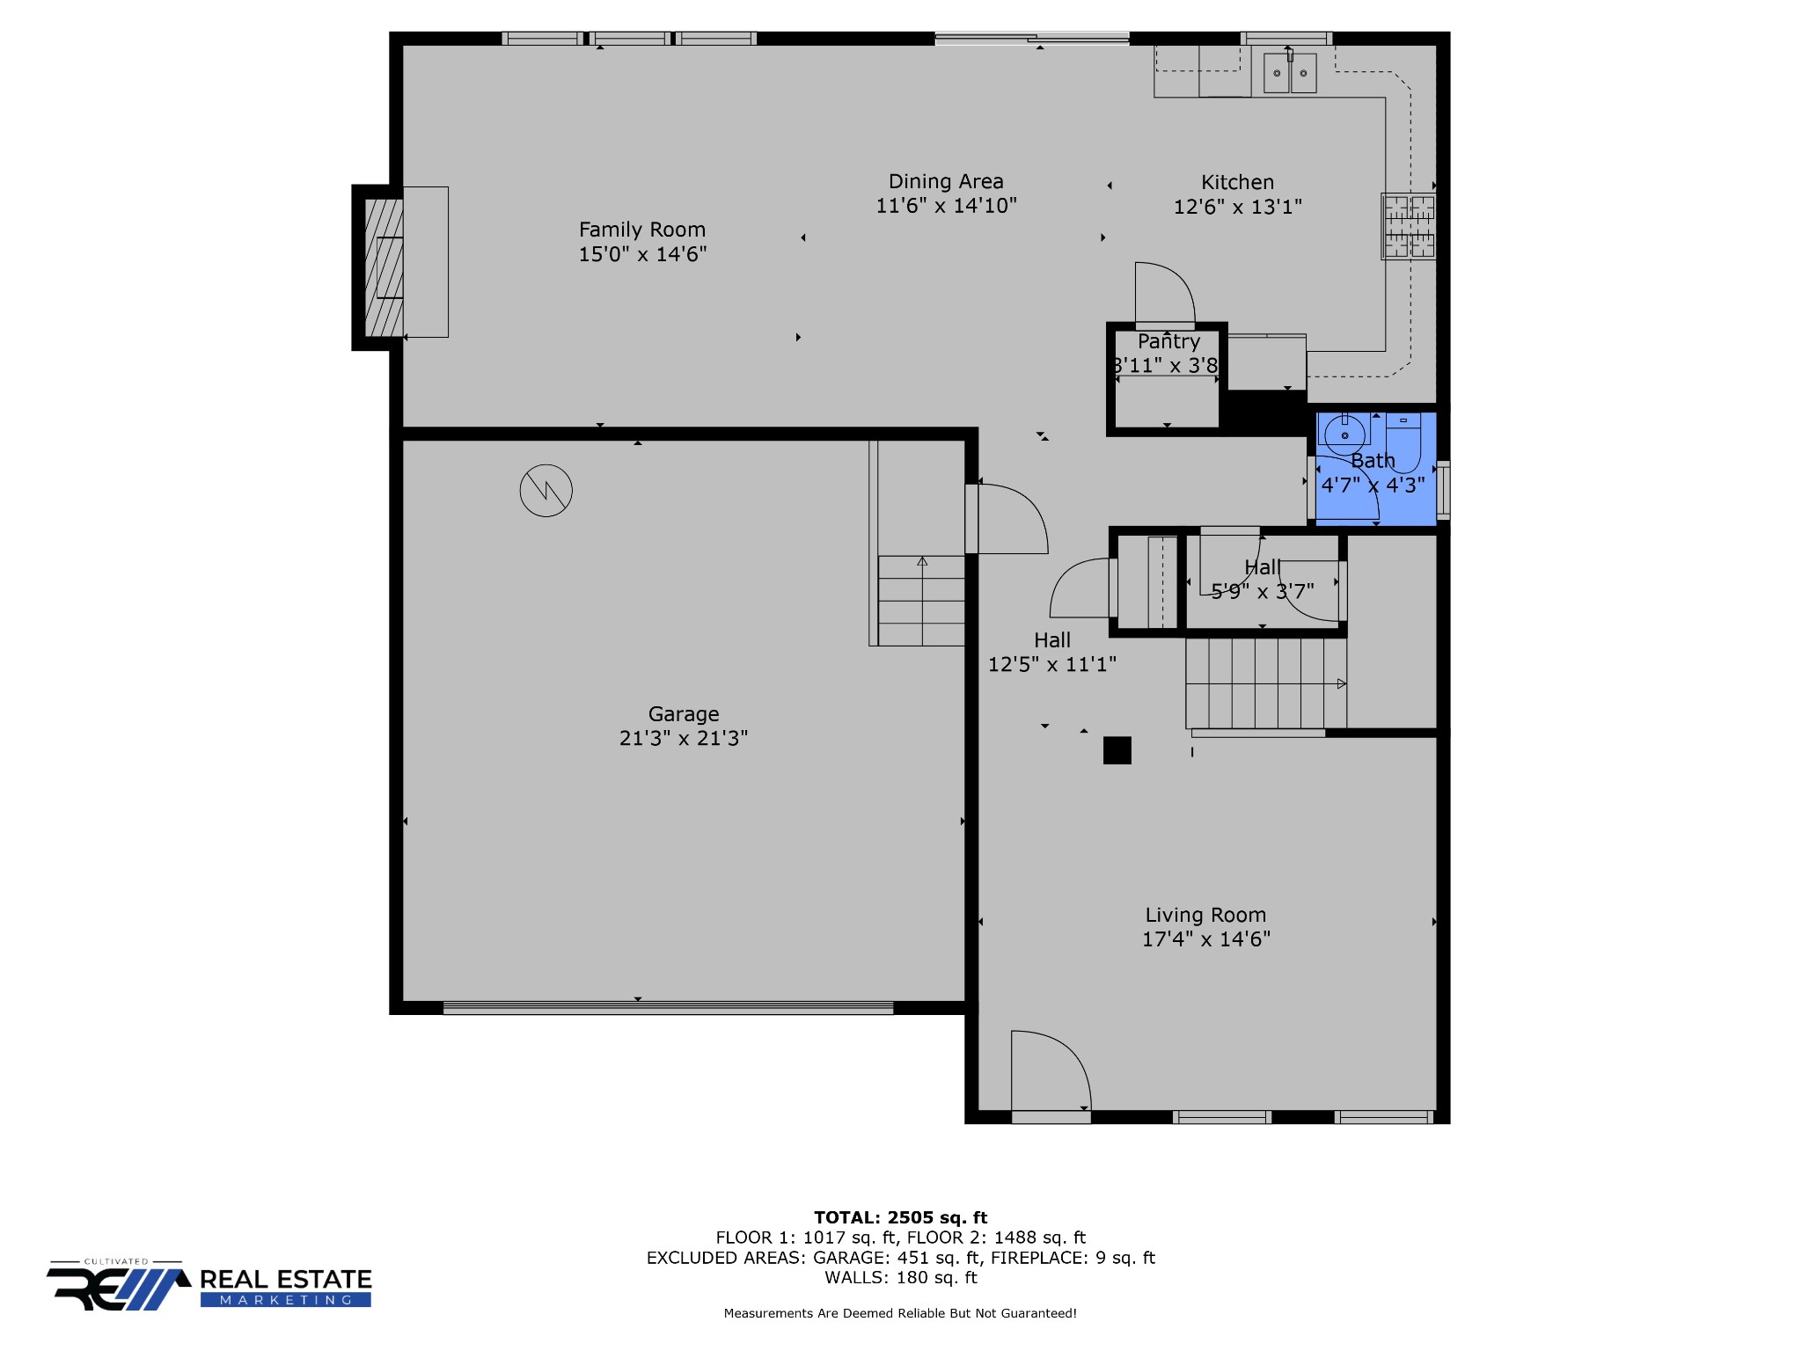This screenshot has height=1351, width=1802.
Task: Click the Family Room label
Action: click(x=642, y=230)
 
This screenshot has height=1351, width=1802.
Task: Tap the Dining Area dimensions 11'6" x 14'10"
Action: click(x=946, y=206)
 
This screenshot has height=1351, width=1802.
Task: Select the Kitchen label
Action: click(x=1237, y=182)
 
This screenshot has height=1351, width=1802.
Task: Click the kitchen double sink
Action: click(x=1290, y=72)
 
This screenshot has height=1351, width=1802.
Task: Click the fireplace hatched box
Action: click(x=384, y=267)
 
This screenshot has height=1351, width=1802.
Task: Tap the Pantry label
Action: click(x=1168, y=341)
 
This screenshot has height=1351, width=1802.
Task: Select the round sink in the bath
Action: click(x=1344, y=435)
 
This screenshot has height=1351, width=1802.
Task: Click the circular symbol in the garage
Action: click(x=546, y=490)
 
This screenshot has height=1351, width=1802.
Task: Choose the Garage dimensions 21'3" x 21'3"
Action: click(x=684, y=738)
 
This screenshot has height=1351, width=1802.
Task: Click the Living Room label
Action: click(x=1205, y=915)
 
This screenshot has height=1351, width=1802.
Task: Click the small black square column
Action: click(x=1117, y=750)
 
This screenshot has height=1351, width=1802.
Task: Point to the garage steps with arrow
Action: click(x=921, y=601)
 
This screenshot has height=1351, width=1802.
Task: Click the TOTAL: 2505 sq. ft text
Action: click(x=901, y=1217)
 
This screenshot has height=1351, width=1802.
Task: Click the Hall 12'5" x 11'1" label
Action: click(x=1052, y=652)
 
